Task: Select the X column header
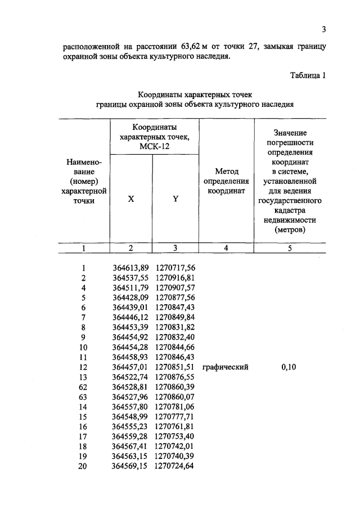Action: (x=131, y=199)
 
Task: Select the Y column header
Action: (x=175, y=199)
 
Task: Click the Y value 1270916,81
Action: (x=175, y=278)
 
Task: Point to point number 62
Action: (x=83, y=387)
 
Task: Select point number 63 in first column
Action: (x=83, y=397)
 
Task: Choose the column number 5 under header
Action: (x=290, y=247)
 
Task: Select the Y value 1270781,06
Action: (x=175, y=407)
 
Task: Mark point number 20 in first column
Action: (x=83, y=466)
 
